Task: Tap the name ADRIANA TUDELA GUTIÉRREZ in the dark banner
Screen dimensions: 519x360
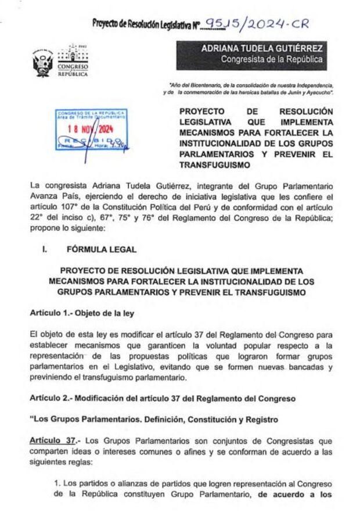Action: pos(262,48)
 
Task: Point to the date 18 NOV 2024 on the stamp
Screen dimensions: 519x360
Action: pos(90,130)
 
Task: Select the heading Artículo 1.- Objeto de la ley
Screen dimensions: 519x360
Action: pos(82,313)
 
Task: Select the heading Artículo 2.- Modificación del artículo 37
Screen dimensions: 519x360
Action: pos(154,399)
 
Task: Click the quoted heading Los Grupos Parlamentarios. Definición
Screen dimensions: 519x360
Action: pos(154,419)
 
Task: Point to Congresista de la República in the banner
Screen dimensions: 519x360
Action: pos(271,60)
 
